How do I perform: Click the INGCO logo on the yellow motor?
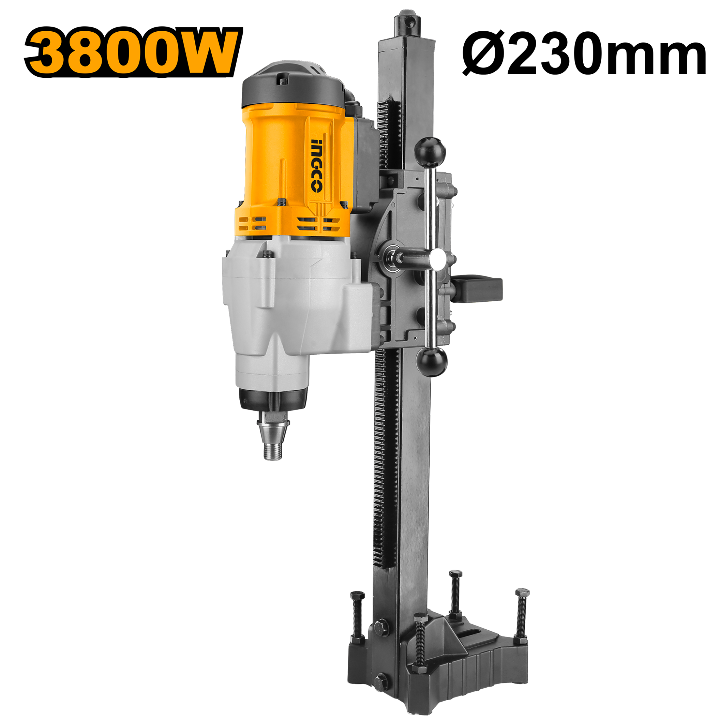click(317, 165)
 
